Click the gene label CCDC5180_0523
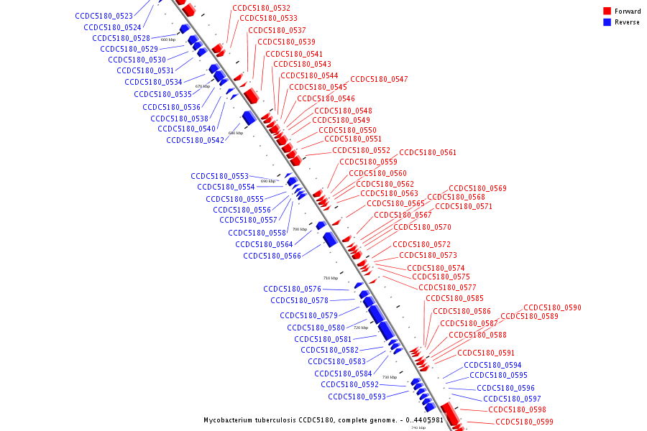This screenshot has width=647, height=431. pyautogui.click(x=104, y=16)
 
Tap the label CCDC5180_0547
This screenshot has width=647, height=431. pyautogui.click(x=379, y=79)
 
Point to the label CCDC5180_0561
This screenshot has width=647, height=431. pyautogui.click(x=428, y=152)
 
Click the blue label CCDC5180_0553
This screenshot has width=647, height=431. pyautogui.click(x=220, y=176)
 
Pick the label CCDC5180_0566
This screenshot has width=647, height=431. pyautogui.click(x=272, y=256)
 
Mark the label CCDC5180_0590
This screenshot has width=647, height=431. pyautogui.click(x=552, y=307)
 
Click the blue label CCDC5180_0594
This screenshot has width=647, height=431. pyautogui.click(x=492, y=365)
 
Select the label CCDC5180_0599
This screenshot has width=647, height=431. pyautogui.click(x=524, y=422)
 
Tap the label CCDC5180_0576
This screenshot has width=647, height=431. pyautogui.click(x=292, y=289)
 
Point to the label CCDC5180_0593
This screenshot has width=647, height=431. pyautogui.click(x=357, y=397)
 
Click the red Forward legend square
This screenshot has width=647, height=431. pyautogui.click(x=607, y=11)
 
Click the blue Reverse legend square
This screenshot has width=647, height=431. pyautogui.click(x=607, y=22)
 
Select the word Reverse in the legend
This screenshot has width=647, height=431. pyautogui.click(x=627, y=22)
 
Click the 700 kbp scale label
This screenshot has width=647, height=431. pyautogui.click(x=299, y=229)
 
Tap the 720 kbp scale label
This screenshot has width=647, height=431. pyautogui.click(x=360, y=328)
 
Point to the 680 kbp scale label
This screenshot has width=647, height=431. pyautogui.click(x=236, y=133)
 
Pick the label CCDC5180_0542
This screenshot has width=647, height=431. pyautogui.click(x=196, y=140)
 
